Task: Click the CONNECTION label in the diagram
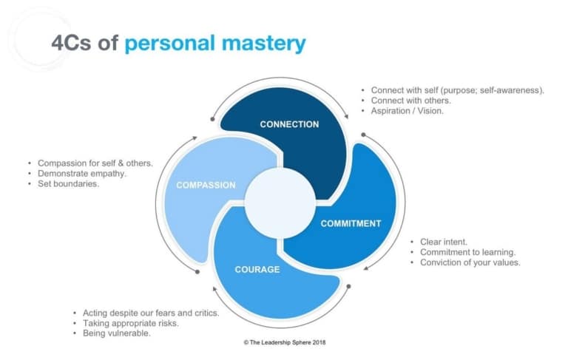coord(289,124)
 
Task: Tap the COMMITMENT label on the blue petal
coord(351,223)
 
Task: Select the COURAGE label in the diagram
coord(257,269)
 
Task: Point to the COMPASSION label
coord(206,185)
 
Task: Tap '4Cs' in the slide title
coord(71,43)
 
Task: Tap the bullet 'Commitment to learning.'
coord(468,251)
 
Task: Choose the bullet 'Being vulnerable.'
coord(118,333)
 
